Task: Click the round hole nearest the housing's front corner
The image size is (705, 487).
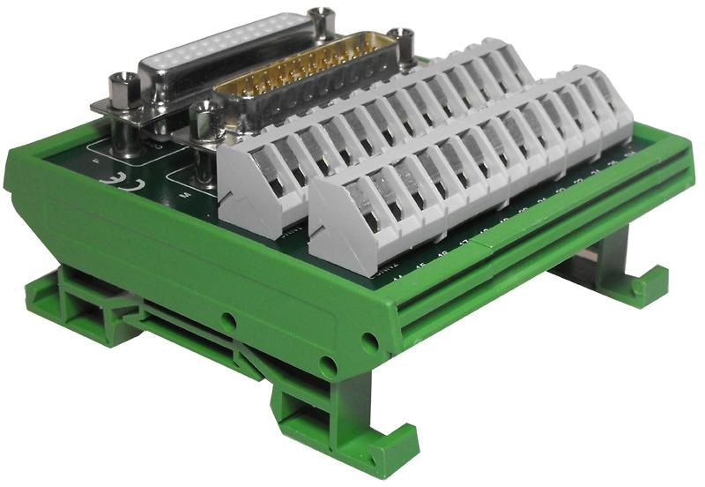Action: click(370, 341)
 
